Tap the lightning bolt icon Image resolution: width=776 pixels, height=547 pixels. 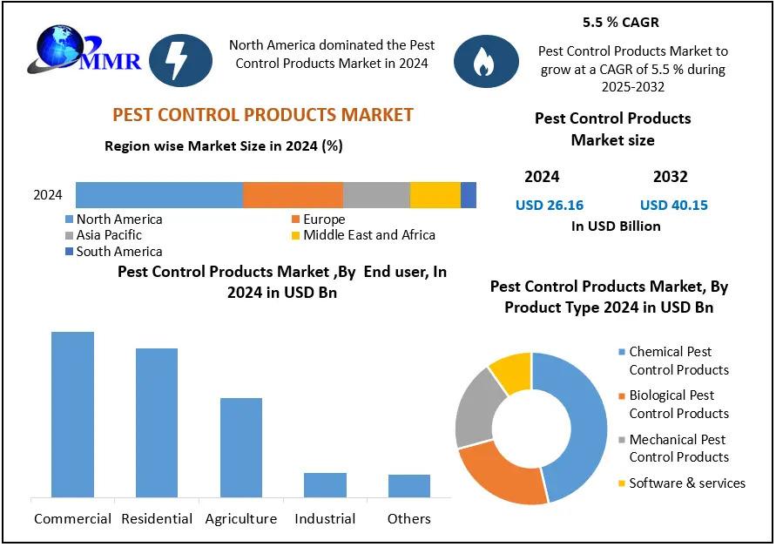[x=180, y=61]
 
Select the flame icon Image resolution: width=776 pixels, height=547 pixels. [x=485, y=61]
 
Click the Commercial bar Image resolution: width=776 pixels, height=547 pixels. [x=72, y=415]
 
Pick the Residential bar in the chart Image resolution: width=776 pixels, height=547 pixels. [x=157, y=422]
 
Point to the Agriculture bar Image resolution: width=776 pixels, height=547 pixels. [x=241, y=448]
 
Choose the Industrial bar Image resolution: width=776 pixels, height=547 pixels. [x=325, y=485]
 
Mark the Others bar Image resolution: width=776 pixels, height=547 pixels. [x=409, y=486]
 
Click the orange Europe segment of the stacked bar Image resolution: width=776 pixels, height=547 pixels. [x=293, y=195]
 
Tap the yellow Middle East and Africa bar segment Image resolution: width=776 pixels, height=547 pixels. [x=435, y=195]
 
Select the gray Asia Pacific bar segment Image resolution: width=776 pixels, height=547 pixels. [x=376, y=195]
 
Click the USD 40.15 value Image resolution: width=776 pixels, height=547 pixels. [x=673, y=206]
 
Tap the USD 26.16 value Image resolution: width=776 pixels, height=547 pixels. [x=550, y=206]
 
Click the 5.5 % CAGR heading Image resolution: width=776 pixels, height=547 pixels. [x=620, y=22]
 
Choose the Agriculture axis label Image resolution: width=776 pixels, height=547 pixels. [x=241, y=519]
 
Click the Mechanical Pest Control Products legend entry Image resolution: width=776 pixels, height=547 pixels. [x=678, y=448]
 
